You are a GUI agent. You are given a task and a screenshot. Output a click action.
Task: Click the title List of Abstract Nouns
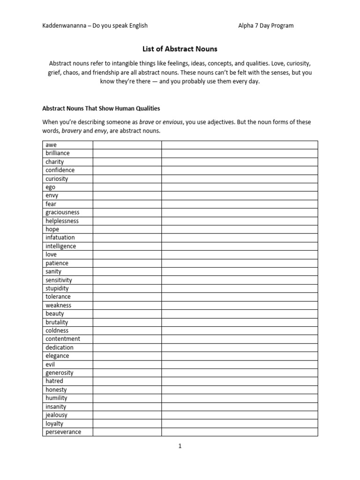tap(180, 48)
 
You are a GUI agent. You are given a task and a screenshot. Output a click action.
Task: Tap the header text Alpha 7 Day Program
tap(266, 25)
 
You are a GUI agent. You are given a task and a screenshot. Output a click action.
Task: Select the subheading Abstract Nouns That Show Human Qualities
tap(101, 108)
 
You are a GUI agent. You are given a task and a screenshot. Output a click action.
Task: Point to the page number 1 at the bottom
tap(180, 446)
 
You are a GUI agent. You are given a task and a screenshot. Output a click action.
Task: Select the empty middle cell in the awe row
tap(127, 145)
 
